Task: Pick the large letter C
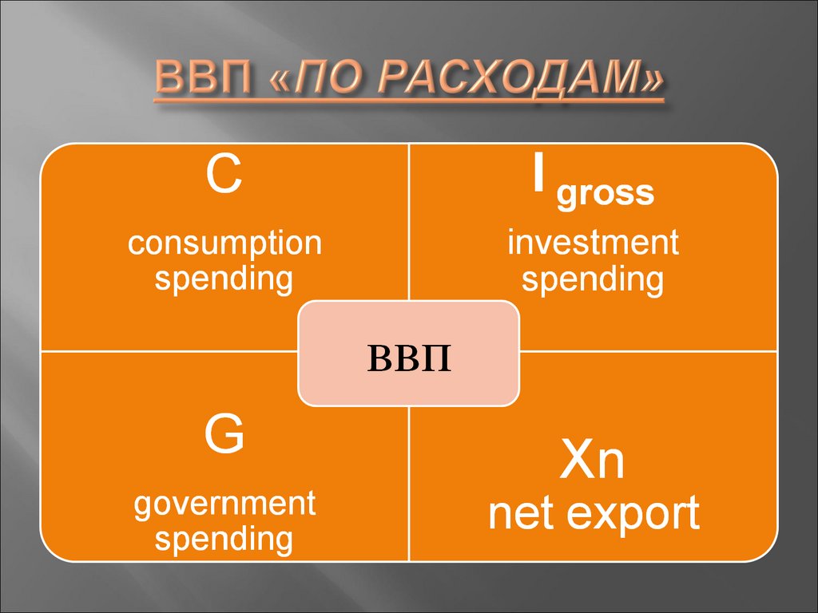[224, 177]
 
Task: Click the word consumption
[224, 243]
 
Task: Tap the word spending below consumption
[224, 280]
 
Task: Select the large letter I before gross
[540, 177]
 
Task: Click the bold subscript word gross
[606, 193]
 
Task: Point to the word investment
[593, 243]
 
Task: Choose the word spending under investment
[593, 280]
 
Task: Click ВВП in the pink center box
[409, 358]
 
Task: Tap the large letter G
[224, 437]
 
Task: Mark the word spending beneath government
[224, 540]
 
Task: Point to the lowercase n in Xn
[610, 465]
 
